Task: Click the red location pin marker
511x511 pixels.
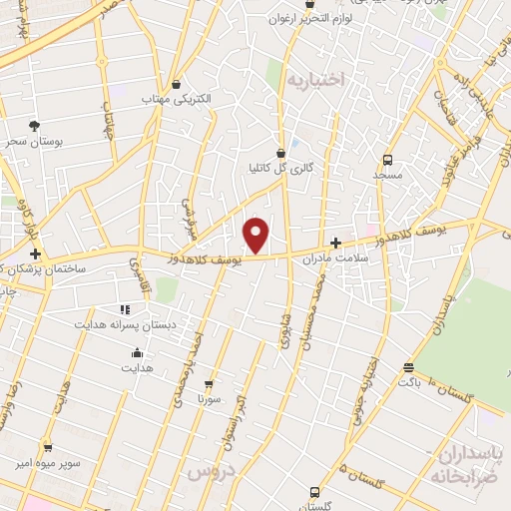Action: pyautogui.click(x=256, y=235)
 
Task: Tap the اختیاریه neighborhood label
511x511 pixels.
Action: pyautogui.click(x=313, y=78)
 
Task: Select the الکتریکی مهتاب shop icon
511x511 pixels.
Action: pyautogui.click(x=177, y=85)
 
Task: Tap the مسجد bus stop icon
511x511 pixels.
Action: pyautogui.click(x=387, y=159)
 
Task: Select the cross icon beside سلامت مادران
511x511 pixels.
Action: pyautogui.click(x=335, y=243)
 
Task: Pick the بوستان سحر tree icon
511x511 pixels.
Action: pyautogui.click(x=35, y=126)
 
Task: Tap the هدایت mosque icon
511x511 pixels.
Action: pyautogui.click(x=137, y=352)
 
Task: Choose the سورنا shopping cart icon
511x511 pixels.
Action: pyautogui.click(x=209, y=382)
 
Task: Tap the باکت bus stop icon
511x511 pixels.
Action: pyautogui.click(x=407, y=366)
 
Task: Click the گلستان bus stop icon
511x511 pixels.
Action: pyautogui.click(x=314, y=492)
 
